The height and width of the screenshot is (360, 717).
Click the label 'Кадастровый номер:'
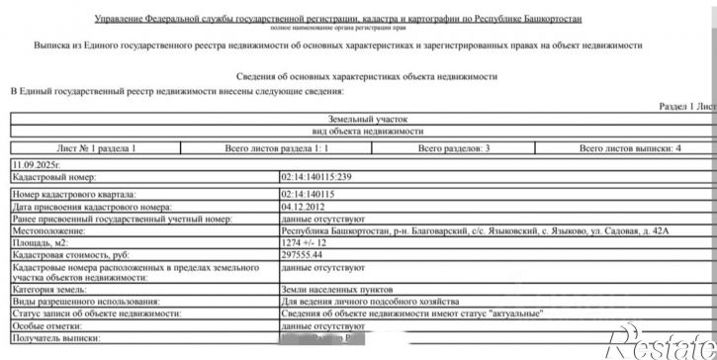coord(49,176)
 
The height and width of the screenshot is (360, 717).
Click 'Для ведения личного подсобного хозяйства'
coord(370,301)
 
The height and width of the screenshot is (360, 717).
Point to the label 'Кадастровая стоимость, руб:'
coord(69,253)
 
